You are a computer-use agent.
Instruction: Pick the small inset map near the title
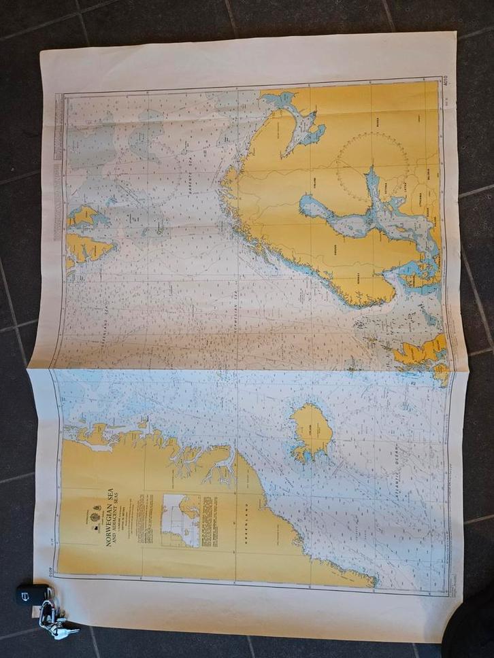[x=180, y=521]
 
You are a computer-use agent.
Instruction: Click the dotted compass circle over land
[x=373, y=167]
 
